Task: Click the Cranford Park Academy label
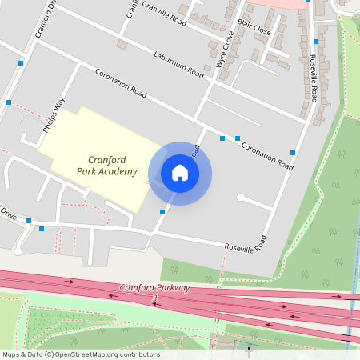106,166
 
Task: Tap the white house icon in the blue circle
180,173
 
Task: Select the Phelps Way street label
54,115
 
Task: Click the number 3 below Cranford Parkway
154,298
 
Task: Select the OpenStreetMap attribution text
81,354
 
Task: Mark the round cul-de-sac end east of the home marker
240,197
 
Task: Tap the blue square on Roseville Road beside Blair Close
316,42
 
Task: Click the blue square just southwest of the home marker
162,211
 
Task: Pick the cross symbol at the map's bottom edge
247,348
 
